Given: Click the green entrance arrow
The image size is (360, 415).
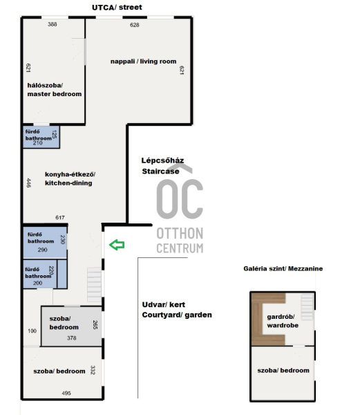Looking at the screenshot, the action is (x=117, y=245).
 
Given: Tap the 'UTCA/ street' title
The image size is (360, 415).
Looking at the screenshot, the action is (x=117, y=8).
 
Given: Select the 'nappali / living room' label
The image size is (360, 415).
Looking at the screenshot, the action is (x=143, y=62).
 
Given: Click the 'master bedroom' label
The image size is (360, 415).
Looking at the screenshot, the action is (x=55, y=94).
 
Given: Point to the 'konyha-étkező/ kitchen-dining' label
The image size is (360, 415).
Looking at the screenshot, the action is (x=70, y=178).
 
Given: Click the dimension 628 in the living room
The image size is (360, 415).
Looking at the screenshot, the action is (x=135, y=25).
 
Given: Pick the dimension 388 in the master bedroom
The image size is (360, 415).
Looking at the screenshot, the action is (x=53, y=24).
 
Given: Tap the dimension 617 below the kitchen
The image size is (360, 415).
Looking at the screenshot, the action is (x=60, y=218).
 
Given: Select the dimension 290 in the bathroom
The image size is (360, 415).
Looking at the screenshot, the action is (x=42, y=250).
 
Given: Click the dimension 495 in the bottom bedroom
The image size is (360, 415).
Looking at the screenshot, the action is (x=66, y=394).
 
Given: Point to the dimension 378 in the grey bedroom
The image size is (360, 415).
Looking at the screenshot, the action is (x=72, y=338).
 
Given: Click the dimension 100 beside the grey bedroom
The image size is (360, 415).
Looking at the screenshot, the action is (x=32, y=331).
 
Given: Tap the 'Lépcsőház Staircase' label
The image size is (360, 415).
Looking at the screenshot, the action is (x=162, y=166).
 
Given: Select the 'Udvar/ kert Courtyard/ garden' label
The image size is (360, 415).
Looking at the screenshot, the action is (x=177, y=310).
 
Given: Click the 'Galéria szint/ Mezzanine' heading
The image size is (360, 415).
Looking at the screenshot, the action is (x=283, y=268).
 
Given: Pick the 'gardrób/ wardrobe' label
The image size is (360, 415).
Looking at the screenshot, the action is (x=283, y=321).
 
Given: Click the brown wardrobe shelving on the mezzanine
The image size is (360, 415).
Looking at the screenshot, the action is (x=257, y=319).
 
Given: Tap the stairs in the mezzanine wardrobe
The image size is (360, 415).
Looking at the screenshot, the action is (x=307, y=307).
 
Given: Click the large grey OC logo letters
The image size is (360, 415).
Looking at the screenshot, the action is (x=180, y=199).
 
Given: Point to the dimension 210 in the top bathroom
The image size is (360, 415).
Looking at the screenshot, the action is (x=38, y=143).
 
